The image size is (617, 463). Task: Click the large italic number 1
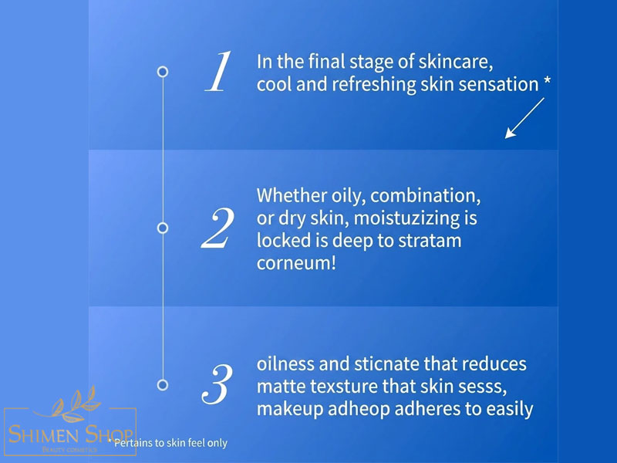click(217, 72)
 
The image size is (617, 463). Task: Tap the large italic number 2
click(217, 228)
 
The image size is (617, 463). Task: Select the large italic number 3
click(217, 384)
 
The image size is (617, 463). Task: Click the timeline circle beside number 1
click(163, 72)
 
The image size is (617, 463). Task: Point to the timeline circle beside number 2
click(163, 228)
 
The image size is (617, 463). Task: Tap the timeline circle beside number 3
click(163, 384)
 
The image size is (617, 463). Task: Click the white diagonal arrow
click(524, 118)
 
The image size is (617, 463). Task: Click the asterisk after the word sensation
click(547, 82)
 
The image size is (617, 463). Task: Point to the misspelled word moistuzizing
click(407, 218)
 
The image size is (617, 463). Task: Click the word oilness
click(285, 363)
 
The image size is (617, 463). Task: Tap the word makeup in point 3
click(290, 410)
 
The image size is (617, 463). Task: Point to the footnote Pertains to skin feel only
click(168, 443)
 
